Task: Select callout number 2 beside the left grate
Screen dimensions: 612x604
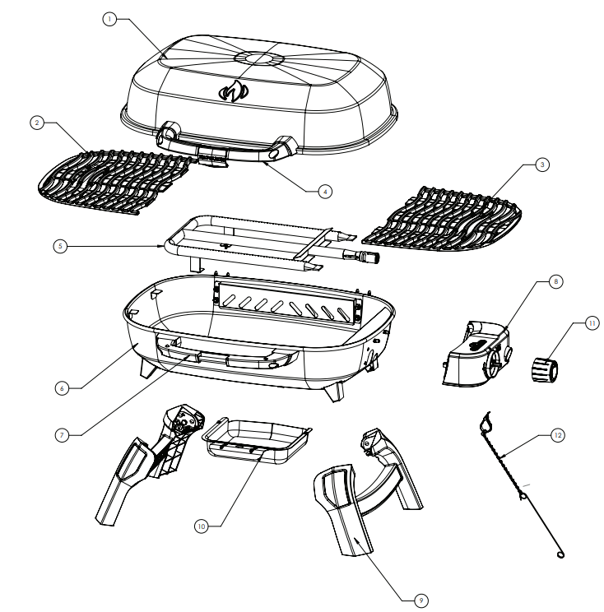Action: [x=36, y=123]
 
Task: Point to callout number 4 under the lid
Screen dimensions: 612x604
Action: [x=326, y=190]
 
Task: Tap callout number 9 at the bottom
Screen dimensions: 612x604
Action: [x=420, y=601]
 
